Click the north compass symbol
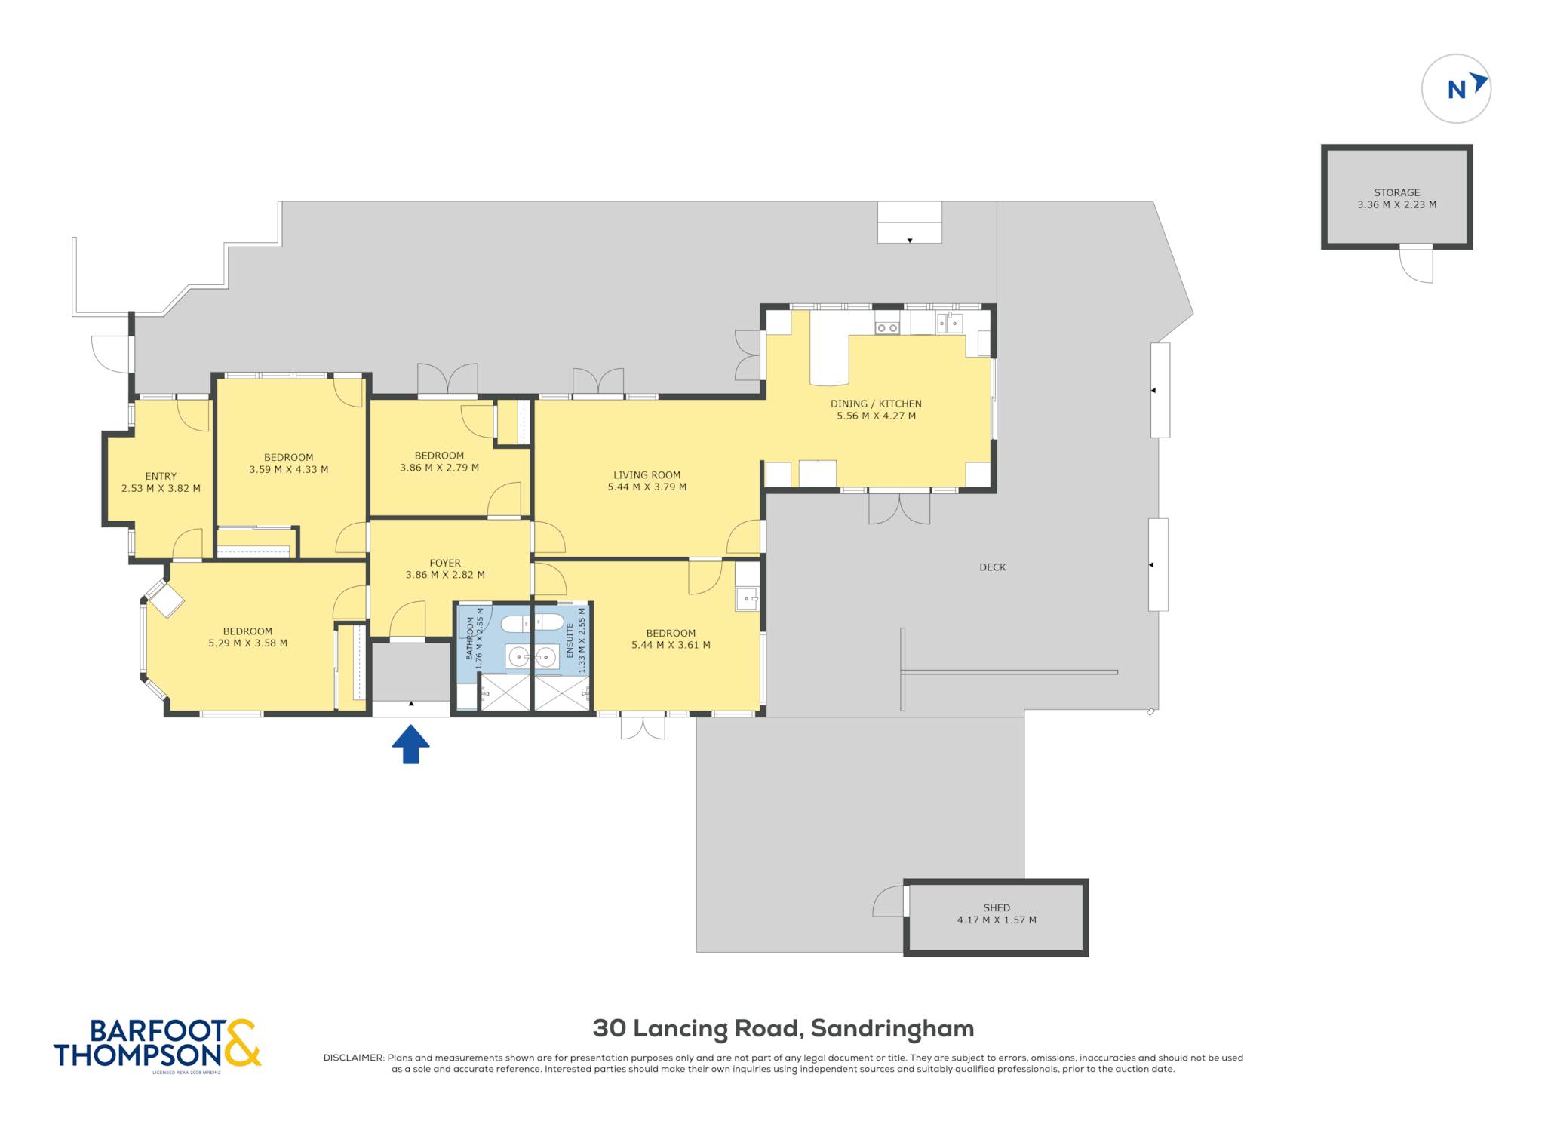pyautogui.click(x=1456, y=88)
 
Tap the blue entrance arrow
pyautogui.click(x=410, y=744)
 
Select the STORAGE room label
pyautogui.click(x=1396, y=192)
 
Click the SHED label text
pyautogui.click(x=997, y=907)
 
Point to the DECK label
pyautogui.click(x=992, y=567)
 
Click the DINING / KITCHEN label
pyautogui.click(x=876, y=404)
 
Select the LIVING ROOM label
pyautogui.click(x=647, y=475)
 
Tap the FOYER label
pyautogui.click(x=445, y=563)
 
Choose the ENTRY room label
pyautogui.click(x=161, y=476)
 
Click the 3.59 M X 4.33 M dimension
pyautogui.click(x=289, y=469)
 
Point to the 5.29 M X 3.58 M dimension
pyautogui.click(x=247, y=643)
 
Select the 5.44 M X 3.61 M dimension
pyautogui.click(x=671, y=645)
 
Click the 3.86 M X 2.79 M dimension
pyautogui.click(x=439, y=468)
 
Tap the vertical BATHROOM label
pyautogui.click(x=470, y=638)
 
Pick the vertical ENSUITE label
pyautogui.click(x=570, y=640)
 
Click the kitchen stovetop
pyautogui.click(x=887, y=327)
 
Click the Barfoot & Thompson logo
pyautogui.click(x=157, y=1044)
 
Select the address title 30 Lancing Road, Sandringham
pyautogui.click(x=783, y=1028)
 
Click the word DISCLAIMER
pyautogui.click(x=353, y=1058)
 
